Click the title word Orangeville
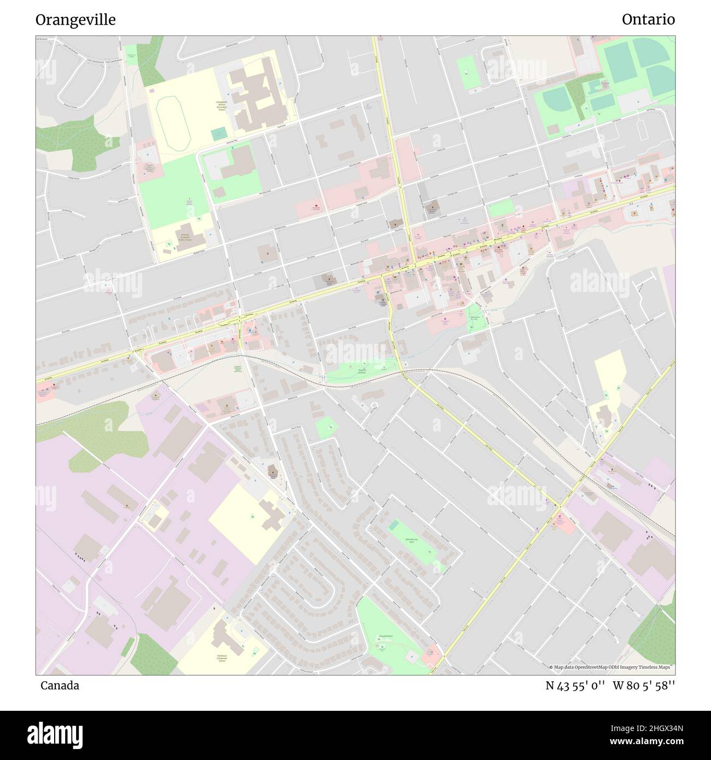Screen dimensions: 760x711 [x=75, y=20]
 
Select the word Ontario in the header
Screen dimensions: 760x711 [x=648, y=20]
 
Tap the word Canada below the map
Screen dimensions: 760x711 [x=60, y=685]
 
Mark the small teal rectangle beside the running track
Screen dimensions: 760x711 [x=219, y=133]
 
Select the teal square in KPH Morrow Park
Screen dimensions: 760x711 [x=394, y=525]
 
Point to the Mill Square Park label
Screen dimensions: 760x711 [x=475, y=318]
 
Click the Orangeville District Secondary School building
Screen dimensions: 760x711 [x=257, y=96]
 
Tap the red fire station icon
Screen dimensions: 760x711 [x=316, y=206]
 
